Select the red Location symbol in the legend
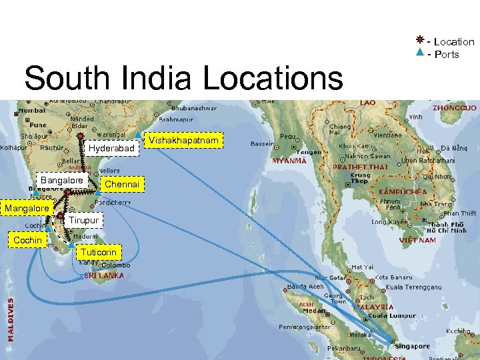(x=419, y=40)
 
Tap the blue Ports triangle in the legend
(x=419, y=53)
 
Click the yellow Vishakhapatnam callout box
(x=183, y=141)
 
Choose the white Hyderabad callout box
(x=111, y=147)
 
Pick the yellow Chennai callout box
(x=122, y=184)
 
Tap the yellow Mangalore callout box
(x=27, y=209)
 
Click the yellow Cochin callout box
(x=27, y=240)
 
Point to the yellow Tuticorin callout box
(x=99, y=252)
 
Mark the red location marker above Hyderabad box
(x=80, y=134)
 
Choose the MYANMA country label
(x=289, y=161)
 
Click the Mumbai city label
(x=31, y=110)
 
